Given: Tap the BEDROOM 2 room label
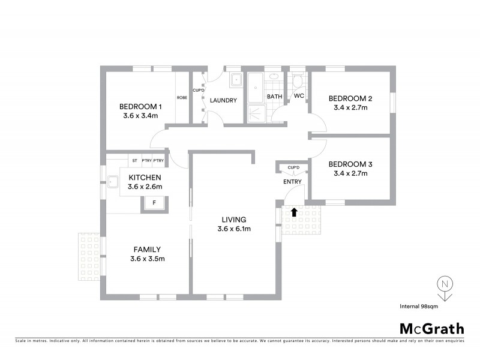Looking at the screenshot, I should point(350,99).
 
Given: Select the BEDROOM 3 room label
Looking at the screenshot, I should point(350,164).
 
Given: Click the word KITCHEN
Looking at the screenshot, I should point(144,178).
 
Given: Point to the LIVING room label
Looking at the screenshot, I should point(233,220).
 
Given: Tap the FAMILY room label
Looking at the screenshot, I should point(147,250).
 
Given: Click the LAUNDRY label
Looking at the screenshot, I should point(223,101).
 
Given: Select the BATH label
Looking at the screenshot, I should point(274,97).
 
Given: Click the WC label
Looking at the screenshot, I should point(298,96).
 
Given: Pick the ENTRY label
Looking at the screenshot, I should point(292,182).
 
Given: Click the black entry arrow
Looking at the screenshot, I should point(294,211).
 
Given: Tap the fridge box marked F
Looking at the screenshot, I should point(154,203).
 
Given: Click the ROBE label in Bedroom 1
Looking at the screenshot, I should point(181,98).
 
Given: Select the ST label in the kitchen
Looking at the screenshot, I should point(134,161).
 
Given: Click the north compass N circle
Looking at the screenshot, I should point(444,284).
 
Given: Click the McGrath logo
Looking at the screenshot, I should point(432,328).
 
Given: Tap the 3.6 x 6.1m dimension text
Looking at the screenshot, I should point(234,229).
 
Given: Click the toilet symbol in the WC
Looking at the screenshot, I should point(298,82).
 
